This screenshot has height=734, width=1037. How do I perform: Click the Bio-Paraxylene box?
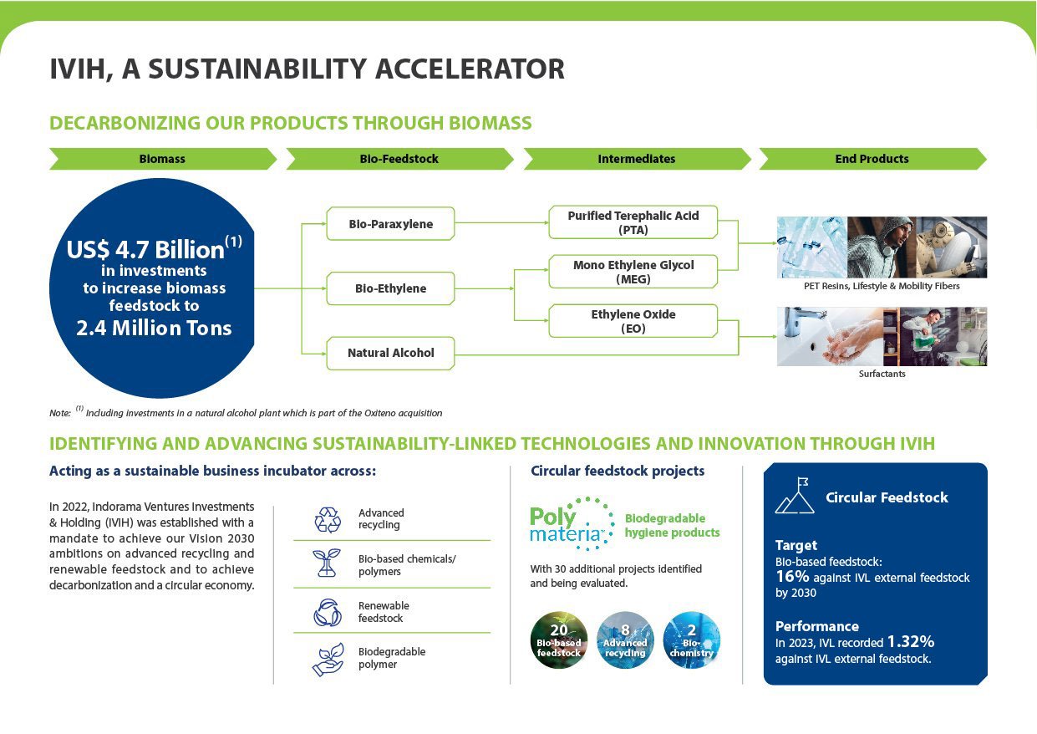[390, 224]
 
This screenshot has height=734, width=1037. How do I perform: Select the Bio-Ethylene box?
[390, 288]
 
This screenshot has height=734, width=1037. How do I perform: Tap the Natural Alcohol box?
[390, 354]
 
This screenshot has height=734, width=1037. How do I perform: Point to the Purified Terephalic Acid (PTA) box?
[633, 222]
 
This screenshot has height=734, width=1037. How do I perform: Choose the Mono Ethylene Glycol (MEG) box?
[633, 272]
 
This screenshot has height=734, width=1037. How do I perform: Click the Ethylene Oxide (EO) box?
[633, 321]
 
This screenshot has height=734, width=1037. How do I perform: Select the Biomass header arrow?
[163, 159]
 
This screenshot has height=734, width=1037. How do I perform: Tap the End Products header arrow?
[872, 159]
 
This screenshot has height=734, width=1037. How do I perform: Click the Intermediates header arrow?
[637, 159]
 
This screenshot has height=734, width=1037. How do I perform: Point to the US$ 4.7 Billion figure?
[154, 249]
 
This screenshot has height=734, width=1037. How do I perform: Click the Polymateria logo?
[572, 524]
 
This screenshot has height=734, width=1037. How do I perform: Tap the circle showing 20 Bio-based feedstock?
[559, 640]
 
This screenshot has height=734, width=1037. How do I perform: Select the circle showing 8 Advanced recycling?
[625, 640]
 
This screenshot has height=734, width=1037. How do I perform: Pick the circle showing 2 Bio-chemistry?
[692, 640]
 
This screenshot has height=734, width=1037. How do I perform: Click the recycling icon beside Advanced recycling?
[328, 520]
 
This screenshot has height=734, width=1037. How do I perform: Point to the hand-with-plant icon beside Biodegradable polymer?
[328, 660]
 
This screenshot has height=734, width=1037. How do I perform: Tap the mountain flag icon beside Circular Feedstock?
[795, 496]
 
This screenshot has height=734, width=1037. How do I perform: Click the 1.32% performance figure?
[911, 641]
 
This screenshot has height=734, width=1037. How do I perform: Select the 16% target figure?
[792, 577]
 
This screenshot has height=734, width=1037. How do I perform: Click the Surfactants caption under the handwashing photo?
[882, 374]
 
